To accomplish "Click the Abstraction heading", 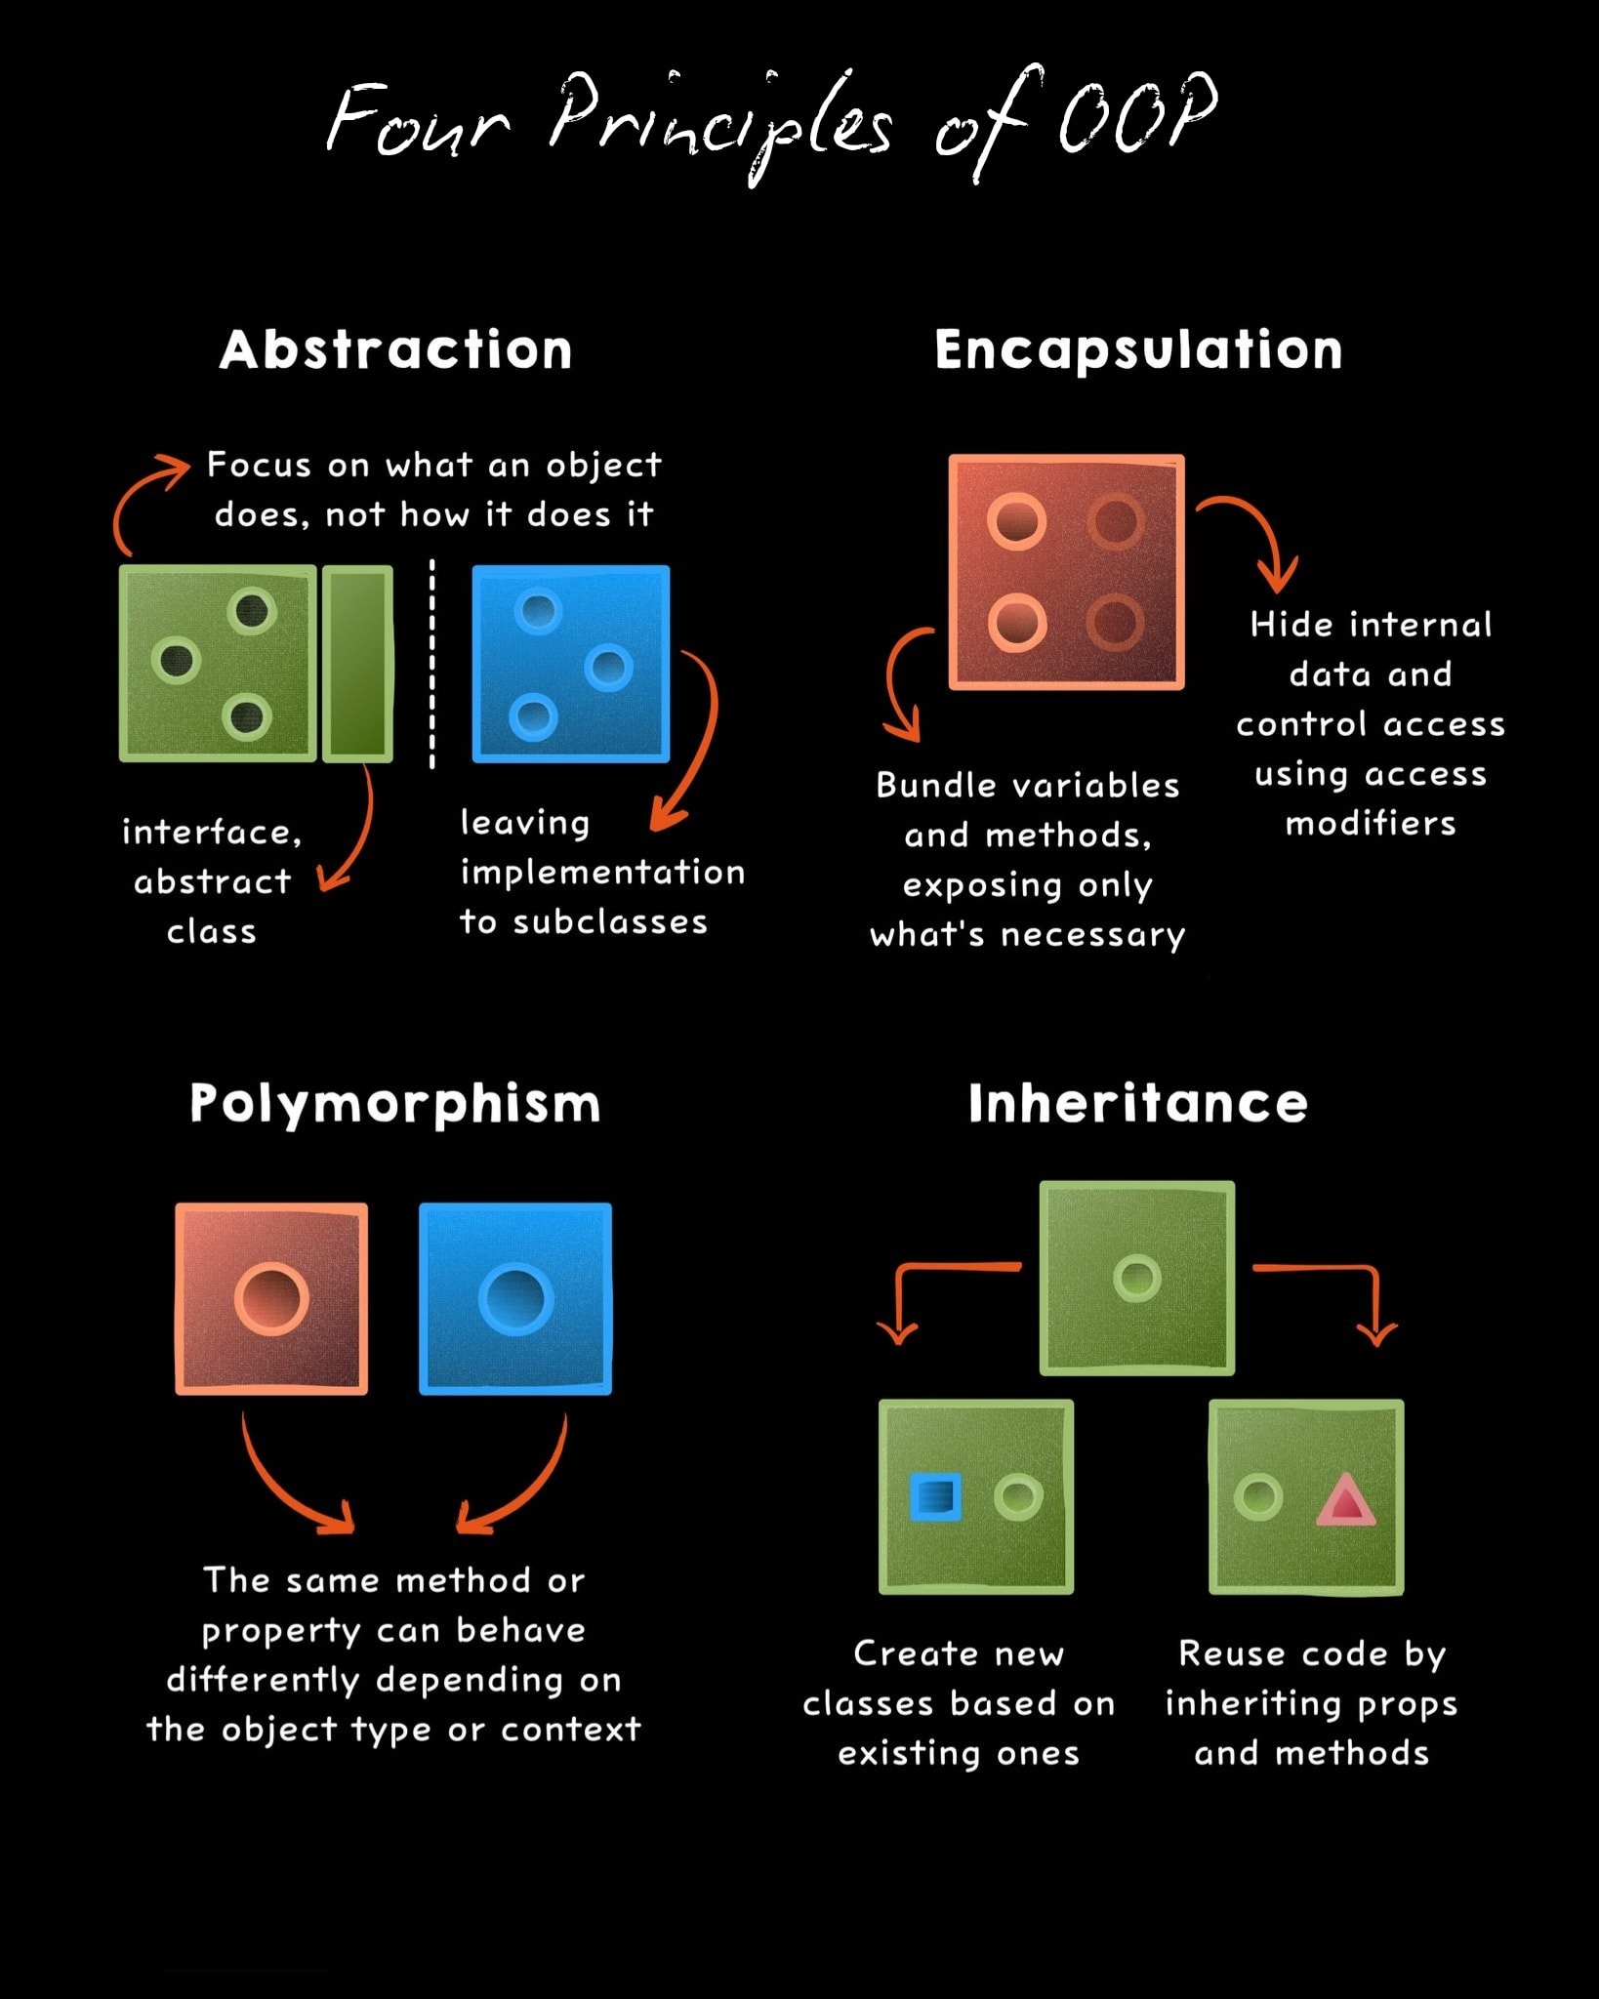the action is pyautogui.click(x=395, y=349).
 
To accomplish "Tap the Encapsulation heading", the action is pyautogui.click(x=1138, y=350).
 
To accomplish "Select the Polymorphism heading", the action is pyautogui.click(x=394, y=1105).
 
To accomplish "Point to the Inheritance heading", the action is pyautogui.click(x=1137, y=1104).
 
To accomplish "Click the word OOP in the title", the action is pyautogui.click(x=1138, y=115).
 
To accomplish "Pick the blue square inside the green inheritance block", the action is pyautogui.click(x=935, y=1496).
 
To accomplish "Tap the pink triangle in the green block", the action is pyautogui.click(x=1345, y=1499).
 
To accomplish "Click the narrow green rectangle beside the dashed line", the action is pyautogui.click(x=357, y=663).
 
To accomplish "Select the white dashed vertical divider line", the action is pyautogui.click(x=431, y=664).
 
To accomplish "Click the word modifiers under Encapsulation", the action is pyautogui.click(x=1371, y=824).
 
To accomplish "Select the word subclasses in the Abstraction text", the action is pyautogui.click(x=610, y=921).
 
